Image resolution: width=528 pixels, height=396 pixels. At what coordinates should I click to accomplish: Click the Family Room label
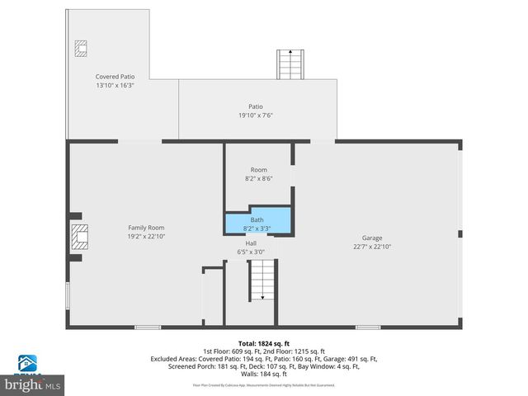(146, 227)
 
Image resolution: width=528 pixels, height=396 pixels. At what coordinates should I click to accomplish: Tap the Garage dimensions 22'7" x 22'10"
(372, 246)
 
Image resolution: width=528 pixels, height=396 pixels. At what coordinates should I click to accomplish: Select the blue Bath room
(258, 222)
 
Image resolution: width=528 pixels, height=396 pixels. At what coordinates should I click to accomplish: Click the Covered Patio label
(115, 76)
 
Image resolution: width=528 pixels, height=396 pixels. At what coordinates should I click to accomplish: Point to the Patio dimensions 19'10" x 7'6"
(256, 115)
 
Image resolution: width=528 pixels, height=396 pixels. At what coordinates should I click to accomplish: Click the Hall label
(251, 243)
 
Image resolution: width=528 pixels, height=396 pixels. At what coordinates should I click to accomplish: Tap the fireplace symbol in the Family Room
(78, 238)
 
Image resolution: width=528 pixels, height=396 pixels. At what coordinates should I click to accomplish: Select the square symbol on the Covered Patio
(81, 48)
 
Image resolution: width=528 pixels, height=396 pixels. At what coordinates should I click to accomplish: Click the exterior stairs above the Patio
(288, 64)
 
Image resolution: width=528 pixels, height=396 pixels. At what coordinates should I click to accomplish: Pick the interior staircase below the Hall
(262, 280)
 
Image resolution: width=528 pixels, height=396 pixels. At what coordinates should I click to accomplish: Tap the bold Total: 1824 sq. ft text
(264, 343)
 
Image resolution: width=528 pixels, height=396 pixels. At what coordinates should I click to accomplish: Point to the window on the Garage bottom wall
(367, 328)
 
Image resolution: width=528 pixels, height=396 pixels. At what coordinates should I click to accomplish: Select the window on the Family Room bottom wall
(148, 328)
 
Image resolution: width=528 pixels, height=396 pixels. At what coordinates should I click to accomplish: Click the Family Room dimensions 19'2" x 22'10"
(146, 236)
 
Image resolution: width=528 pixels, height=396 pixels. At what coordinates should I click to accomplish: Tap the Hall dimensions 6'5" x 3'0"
(251, 252)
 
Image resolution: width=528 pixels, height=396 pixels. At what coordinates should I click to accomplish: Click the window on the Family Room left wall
(68, 295)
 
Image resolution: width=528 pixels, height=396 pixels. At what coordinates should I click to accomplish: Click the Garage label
(372, 238)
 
